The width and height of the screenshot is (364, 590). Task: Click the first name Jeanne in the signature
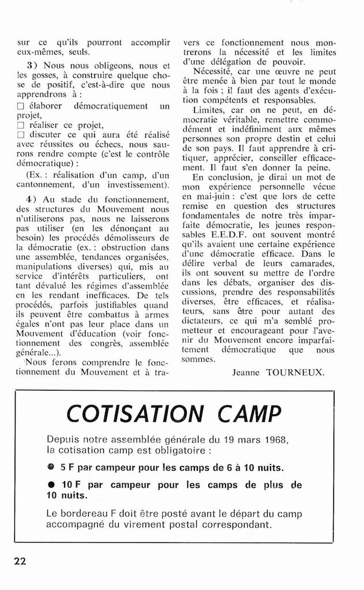[246, 372]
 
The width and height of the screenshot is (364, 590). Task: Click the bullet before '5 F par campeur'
[51, 467]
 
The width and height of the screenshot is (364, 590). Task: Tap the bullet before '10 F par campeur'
[51, 485]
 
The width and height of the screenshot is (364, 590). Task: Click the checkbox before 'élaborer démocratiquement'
[21, 107]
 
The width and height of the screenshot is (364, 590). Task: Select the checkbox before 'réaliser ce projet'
[21, 126]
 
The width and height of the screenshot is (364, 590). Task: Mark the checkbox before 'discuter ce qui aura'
[21, 135]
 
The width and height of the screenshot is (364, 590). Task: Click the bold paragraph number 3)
[32, 65]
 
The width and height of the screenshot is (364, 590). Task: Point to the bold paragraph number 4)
[32, 199]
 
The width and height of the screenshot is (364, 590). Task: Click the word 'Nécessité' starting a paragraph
[212, 71]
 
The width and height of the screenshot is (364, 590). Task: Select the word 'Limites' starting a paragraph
[209, 109]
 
